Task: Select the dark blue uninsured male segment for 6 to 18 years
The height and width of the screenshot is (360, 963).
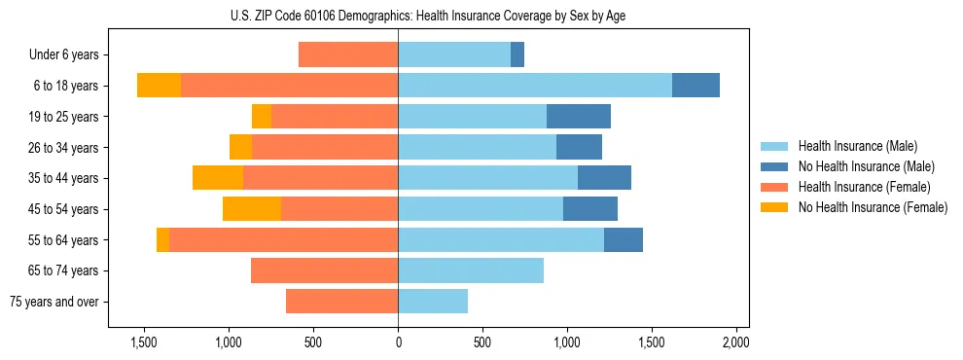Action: click(695, 86)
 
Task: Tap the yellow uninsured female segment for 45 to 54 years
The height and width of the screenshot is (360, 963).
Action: click(251, 209)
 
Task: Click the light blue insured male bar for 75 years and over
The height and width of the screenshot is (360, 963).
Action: click(433, 302)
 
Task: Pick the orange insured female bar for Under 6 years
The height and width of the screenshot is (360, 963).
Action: click(348, 55)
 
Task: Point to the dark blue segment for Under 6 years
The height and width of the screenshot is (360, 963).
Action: click(517, 55)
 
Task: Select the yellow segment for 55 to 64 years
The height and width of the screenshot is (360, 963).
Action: click(162, 240)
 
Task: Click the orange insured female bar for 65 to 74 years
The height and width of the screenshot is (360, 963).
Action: click(324, 270)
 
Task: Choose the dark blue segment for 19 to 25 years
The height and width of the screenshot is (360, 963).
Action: click(579, 117)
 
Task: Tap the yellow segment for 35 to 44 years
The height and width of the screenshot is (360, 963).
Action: click(218, 178)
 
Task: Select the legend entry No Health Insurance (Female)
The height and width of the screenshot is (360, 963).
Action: click(873, 207)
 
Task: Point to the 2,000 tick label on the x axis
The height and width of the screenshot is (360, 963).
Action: click(735, 343)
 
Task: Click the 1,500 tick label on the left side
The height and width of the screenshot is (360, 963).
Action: click(144, 343)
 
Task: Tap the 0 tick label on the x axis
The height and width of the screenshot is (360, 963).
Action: click(398, 343)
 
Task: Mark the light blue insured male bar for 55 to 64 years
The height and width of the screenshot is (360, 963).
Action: click(501, 240)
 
